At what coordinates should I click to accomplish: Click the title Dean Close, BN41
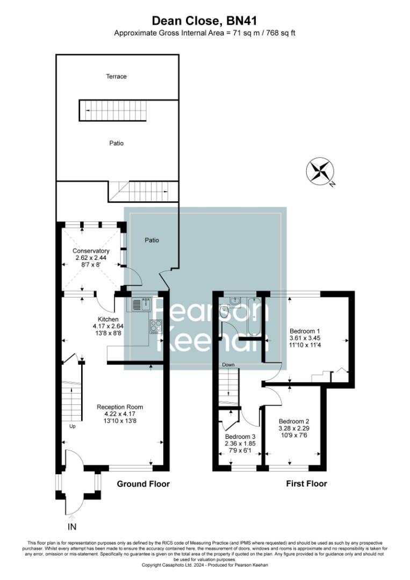(x=205, y=21)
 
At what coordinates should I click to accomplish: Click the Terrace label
(x=116, y=76)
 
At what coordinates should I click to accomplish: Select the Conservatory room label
(x=91, y=251)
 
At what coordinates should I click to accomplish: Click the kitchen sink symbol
(x=138, y=305)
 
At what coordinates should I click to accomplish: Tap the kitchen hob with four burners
(x=156, y=325)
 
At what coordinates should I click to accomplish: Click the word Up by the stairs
(x=72, y=426)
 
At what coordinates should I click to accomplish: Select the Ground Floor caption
(x=143, y=484)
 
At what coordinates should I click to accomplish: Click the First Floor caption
(x=306, y=484)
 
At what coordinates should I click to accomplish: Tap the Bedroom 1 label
(x=305, y=331)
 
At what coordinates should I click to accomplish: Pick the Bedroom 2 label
(x=293, y=421)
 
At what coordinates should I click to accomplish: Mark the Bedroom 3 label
(x=240, y=436)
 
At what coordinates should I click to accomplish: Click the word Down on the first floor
(x=229, y=365)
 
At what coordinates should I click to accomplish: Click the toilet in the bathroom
(x=224, y=312)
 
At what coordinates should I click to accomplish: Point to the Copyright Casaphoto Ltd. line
(x=205, y=565)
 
